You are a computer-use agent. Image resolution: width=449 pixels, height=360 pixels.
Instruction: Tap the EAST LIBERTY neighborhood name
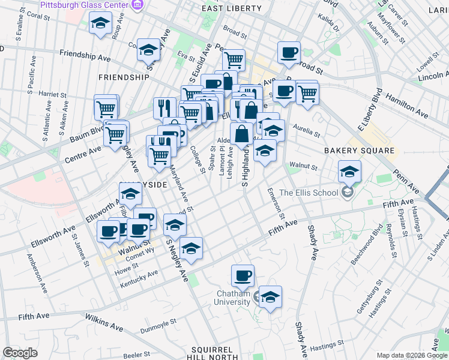coord(232,8)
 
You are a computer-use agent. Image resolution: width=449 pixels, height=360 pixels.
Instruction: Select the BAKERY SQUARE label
coord(360,151)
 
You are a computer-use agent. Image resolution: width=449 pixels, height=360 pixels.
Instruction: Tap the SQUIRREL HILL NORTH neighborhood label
coord(215,353)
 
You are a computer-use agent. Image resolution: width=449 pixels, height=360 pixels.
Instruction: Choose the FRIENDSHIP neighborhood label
coord(123,77)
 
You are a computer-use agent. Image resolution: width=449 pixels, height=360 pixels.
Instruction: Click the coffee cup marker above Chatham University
coord(243,275)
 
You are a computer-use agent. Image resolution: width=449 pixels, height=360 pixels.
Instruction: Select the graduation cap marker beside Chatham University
coord(270,296)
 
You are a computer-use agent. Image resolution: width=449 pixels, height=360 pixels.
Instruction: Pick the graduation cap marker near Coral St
coord(99,23)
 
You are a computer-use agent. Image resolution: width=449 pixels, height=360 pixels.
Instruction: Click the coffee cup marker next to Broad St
coord(289,52)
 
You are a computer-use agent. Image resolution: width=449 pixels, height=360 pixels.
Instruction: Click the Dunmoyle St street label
coord(158,322)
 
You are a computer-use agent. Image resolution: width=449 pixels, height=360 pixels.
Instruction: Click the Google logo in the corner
coord(20,353)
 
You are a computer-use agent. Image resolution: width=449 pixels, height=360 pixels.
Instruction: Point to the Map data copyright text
coord(411,355)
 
